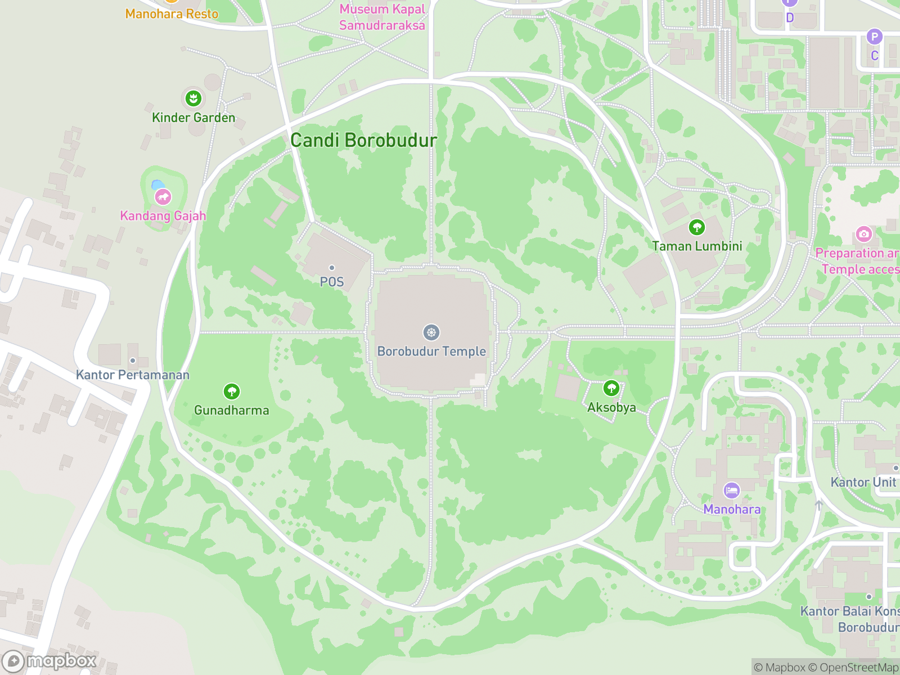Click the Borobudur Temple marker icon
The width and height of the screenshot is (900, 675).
(431, 332)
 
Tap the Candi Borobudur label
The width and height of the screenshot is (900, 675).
(363, 140)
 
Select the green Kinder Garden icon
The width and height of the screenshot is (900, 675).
(193, 98)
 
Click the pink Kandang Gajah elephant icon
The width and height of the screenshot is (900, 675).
(163, 197)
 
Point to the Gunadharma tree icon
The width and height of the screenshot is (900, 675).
(232, 391)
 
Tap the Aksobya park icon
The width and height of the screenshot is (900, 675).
(611, 388)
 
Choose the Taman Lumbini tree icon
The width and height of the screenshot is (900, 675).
(697, 227)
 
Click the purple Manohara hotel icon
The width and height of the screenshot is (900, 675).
(732, 490)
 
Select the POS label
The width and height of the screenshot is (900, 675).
(332, 282)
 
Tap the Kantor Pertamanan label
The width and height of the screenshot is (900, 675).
(133, 375)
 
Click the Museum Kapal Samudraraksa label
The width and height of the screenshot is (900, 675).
(382, 17)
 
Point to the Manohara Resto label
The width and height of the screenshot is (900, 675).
(172, 13)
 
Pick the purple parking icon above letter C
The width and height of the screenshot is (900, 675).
(874, 37)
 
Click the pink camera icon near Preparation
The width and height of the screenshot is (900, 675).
(864, 233)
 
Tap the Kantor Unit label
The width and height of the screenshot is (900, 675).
(863, 482)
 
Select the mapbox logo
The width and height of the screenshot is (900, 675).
(49, 661)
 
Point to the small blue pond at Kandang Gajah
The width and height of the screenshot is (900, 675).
(158, 184)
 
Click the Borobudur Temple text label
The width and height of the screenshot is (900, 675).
(431, 351)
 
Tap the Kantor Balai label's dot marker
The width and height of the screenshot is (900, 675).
(869, 597)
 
